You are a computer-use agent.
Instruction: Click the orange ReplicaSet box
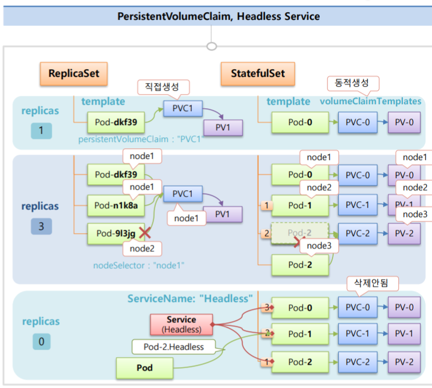[74, 74]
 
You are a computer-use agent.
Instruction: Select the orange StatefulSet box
[258, 74]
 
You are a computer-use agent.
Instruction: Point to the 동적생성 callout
[349, 83]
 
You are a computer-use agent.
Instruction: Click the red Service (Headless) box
[181, 324]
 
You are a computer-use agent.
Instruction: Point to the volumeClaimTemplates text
[370, 101]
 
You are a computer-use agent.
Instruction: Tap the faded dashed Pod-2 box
[300, 233]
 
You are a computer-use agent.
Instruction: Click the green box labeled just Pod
[145, 368]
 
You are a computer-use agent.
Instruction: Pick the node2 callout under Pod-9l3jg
[142, 248]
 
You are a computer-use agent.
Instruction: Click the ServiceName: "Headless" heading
[190, 299]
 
